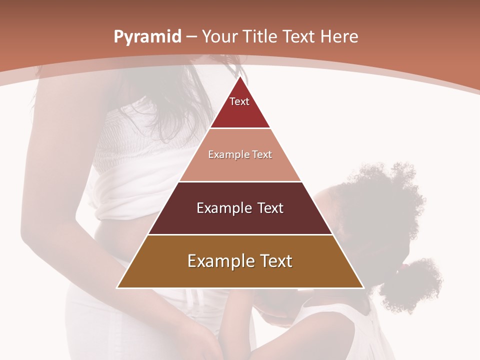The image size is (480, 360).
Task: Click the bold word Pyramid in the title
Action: pos(147,37)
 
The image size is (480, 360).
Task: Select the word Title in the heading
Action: pos(260,37)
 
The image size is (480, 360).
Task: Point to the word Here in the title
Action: pos(339,37)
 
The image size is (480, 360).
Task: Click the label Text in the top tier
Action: pos(239,101)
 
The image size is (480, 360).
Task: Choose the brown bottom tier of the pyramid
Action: pos(240,275)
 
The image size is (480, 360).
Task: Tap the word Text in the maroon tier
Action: pos(270,208)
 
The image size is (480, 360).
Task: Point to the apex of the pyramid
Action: pos(240,77)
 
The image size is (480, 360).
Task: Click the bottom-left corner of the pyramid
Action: pos(117,287)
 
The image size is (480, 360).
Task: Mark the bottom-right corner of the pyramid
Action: pos(363,287)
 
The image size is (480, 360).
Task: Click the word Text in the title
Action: pos(299,37)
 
